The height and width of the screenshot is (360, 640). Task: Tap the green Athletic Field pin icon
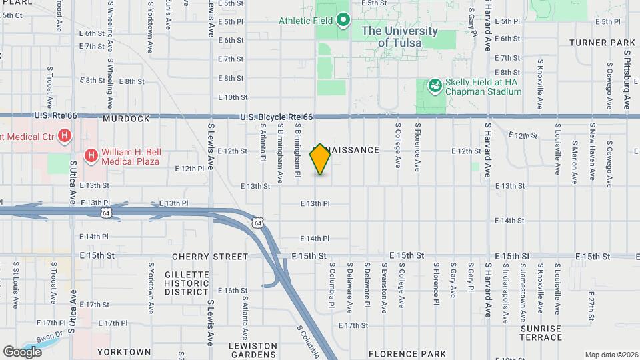pos(343,21)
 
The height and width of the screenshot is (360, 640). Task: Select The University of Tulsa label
pos(399,37)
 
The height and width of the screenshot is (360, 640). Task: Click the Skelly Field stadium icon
pos(435,85)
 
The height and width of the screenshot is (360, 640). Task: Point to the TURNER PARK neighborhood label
pos(602,43)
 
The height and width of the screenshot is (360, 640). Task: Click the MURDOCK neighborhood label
pos(127,119)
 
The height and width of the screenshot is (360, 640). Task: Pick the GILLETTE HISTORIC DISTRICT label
pos(187,283)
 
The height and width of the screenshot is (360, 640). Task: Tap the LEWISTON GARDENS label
pos(253,351)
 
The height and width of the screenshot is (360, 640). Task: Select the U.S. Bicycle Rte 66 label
pos(277,117)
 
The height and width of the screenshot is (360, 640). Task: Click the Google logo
pos(22,351)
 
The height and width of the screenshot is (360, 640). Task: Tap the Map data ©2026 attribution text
pos(610,355)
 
